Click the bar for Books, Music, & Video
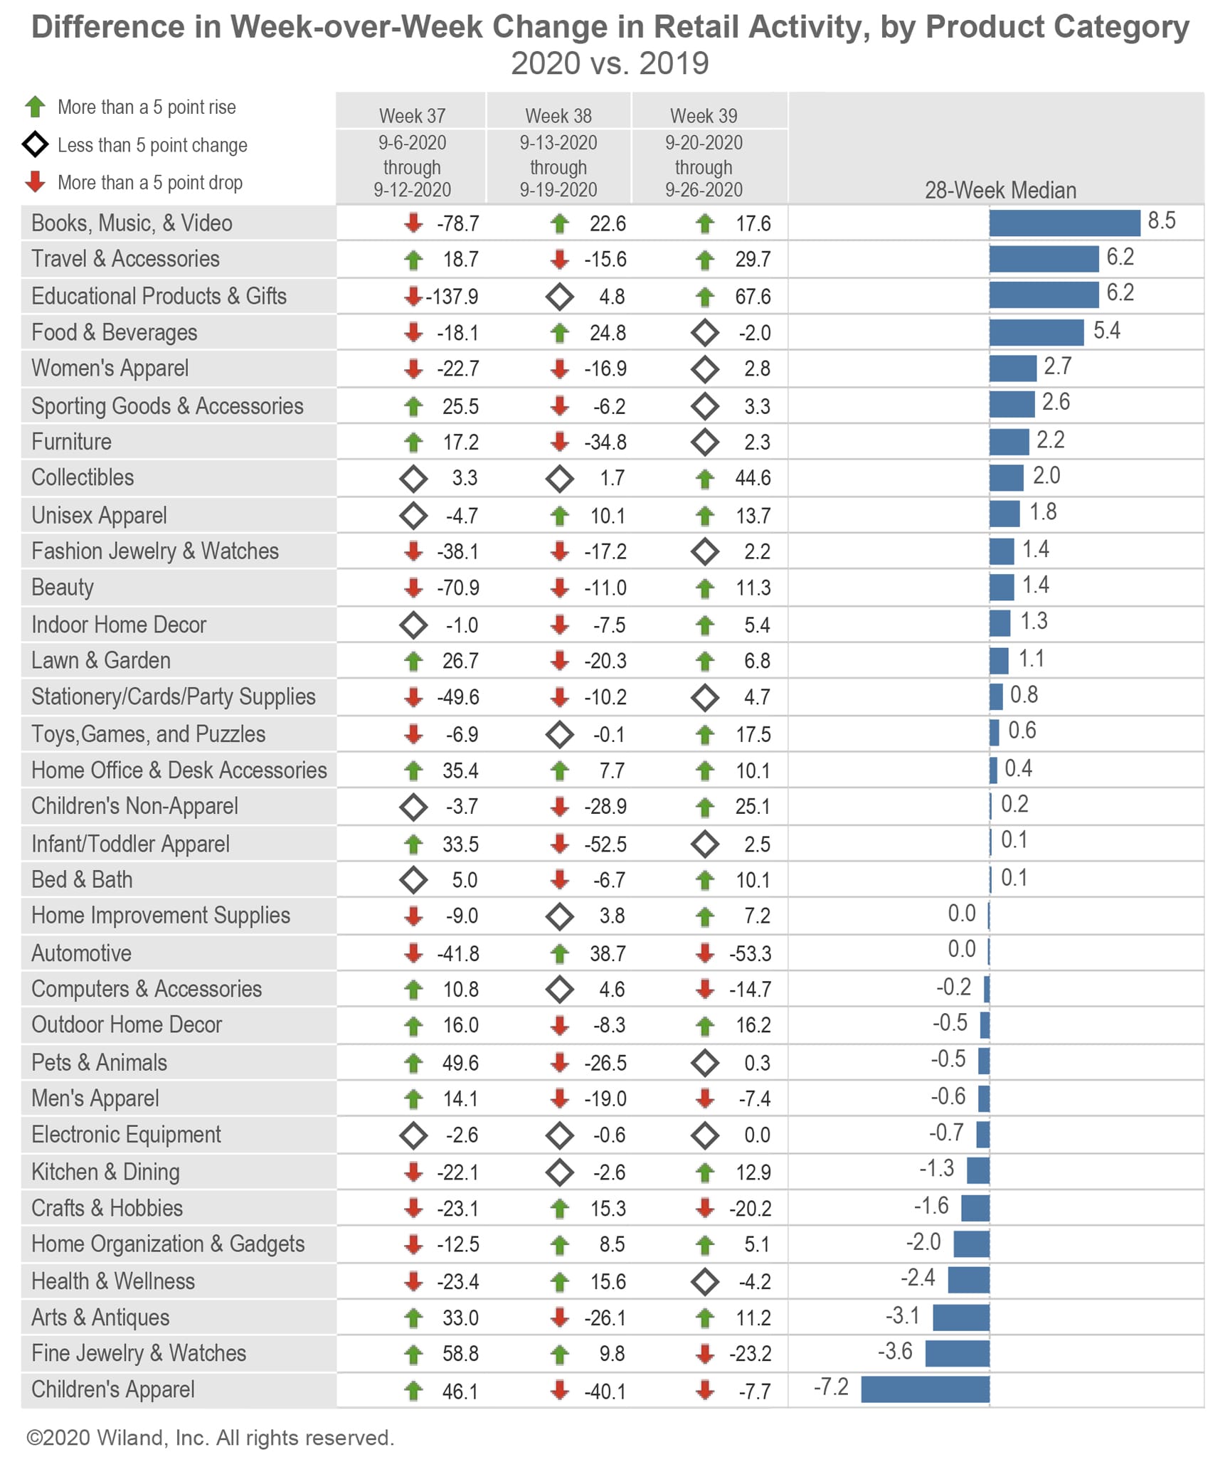point(1064,223)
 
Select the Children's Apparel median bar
point(925,1389)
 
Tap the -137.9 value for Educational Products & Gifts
point(452,297)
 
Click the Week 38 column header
point(558,116)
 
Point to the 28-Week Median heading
point(1000,190)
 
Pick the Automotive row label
point(82,953)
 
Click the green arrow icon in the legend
point(35,107)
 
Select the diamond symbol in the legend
point(35,145)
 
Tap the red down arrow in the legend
point(35,182)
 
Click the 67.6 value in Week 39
point(753,297)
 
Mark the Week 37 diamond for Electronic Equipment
point(413,1135)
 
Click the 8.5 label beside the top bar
point(1162,221)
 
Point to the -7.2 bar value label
point(831,1387)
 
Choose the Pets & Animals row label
point(100,1062)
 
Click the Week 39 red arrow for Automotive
point(705,953)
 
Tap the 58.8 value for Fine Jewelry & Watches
point(460,1353)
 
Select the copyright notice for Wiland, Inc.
point(210,1438)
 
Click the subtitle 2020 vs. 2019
point(610,63)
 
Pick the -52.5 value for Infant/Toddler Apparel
point(605,844)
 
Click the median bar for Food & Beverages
point(1036,332)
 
